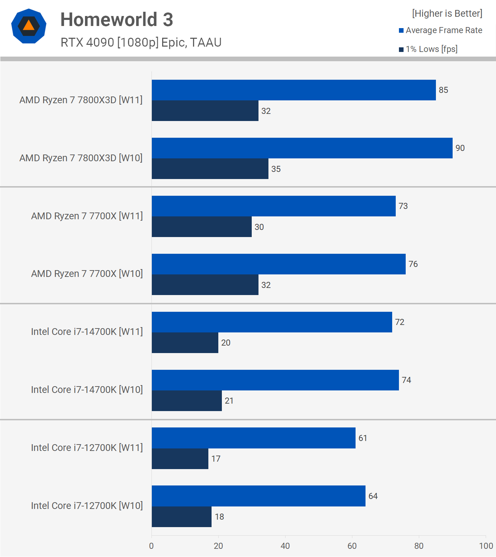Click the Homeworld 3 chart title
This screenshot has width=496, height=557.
click(117, 20)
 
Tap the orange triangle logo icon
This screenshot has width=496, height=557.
click(29, 26)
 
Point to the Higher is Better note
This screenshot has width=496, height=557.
click(447, 14)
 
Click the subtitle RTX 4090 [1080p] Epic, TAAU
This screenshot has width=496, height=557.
click(141, 42)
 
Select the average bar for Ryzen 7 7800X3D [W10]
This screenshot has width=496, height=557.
click(302, 148)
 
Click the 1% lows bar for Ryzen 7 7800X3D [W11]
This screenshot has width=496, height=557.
click(205, 111)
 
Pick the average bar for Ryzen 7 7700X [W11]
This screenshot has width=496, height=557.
click(273, 206)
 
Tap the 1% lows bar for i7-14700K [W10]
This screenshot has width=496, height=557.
click(187, 401)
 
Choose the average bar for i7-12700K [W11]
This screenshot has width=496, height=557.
click(254, 438)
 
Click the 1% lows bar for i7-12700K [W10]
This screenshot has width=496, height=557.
click(182, 517)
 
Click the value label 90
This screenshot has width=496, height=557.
click(460, 148)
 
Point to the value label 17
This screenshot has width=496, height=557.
click(216, 459)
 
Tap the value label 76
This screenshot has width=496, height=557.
click(413, 264)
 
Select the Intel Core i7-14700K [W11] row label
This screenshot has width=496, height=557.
click(87, 332)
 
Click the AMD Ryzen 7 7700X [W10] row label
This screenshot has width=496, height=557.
click(87, 274)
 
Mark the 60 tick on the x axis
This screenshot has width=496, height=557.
click(352, 546)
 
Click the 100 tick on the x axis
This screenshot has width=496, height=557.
click(486, 546)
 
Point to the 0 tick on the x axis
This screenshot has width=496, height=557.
click(151, 546)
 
